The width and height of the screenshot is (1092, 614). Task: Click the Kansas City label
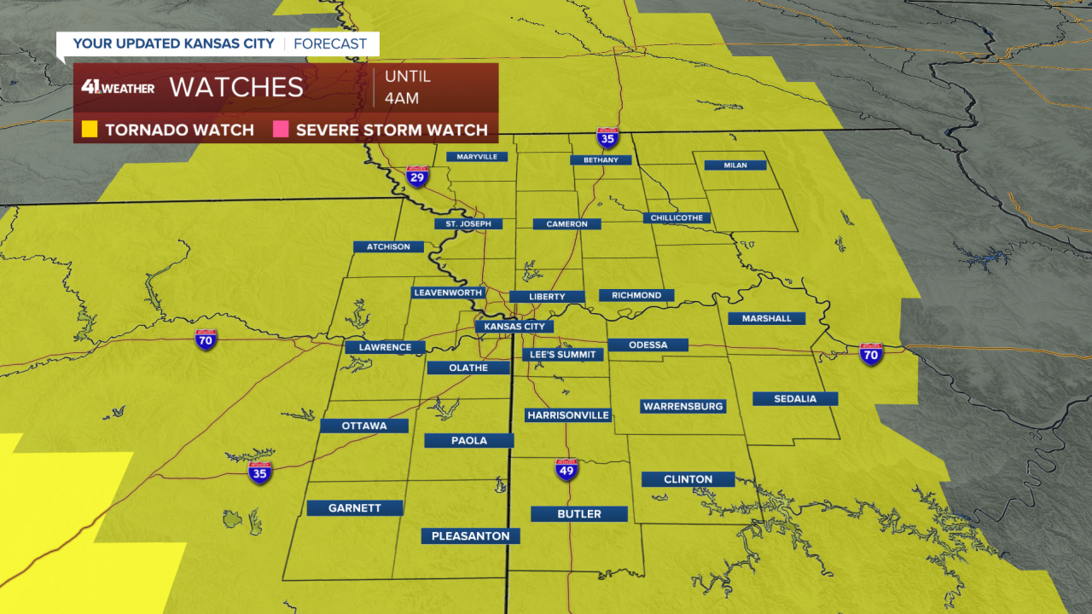click(514, 327)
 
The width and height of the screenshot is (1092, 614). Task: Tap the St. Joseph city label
click(468, 224)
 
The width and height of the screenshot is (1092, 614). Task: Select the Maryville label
click(477, 157)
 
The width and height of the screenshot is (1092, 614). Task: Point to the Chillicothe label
click(677, 218)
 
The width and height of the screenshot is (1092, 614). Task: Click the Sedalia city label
click(795, 399)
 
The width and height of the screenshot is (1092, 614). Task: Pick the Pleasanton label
click(470, 536)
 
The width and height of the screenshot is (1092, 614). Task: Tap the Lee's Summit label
click(563, 354)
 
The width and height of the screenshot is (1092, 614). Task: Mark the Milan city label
click(735, 165)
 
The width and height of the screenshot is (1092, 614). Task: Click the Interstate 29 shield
click(417, 176)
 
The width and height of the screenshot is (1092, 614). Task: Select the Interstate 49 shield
click(567, 469)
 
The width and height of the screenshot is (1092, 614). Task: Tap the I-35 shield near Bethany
click(607, 139)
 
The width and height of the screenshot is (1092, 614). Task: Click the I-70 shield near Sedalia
click(870, 354)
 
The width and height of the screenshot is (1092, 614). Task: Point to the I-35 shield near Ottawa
click(260, 473)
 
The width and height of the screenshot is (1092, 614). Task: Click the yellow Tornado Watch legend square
click(90, 130)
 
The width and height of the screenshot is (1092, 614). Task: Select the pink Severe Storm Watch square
click(281, 130)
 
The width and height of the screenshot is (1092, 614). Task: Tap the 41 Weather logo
click(118, 87)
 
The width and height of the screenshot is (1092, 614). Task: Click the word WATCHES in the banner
click(236, 87)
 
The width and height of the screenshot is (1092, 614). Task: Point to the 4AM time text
click(402, 98)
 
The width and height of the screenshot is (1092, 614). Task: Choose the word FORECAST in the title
click(330, 43)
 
